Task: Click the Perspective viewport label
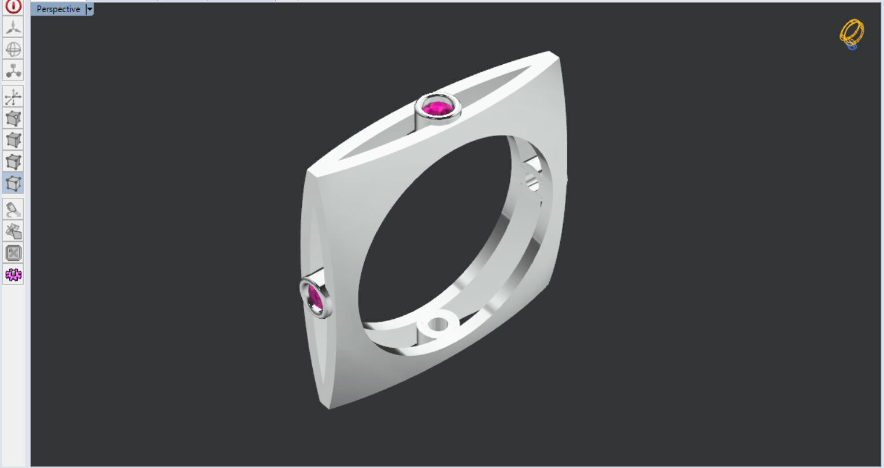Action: (58, 9)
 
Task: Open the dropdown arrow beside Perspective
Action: (90, 9)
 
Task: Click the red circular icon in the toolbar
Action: (13, 6)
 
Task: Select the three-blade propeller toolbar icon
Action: (13, 27)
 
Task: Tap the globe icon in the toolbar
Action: (13, 49)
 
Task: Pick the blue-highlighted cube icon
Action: (13, 183)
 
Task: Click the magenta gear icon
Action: (13, 275)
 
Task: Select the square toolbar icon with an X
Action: (13, 253)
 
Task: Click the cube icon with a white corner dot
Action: (13, 119)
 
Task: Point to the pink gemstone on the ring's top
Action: (438, 108)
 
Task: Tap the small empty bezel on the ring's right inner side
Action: (532, 185)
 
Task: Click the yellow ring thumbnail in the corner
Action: (852, 34)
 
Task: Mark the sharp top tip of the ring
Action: (550, 53)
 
